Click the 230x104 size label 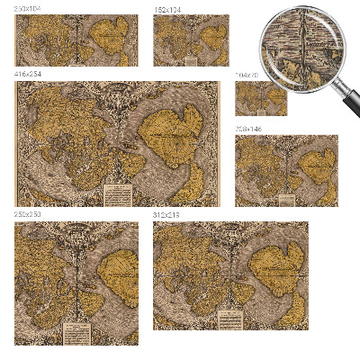click(x=27, y=8)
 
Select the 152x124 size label click(x=166, y=8)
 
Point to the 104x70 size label click(x=246, y=75)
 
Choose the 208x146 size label click(x=247, y=130)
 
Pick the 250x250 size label click(x=27, y=215)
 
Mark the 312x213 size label click(x=166, y=215)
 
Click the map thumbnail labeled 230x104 click(x=76, y=40)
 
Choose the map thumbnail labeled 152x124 click(x=191, y=40)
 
